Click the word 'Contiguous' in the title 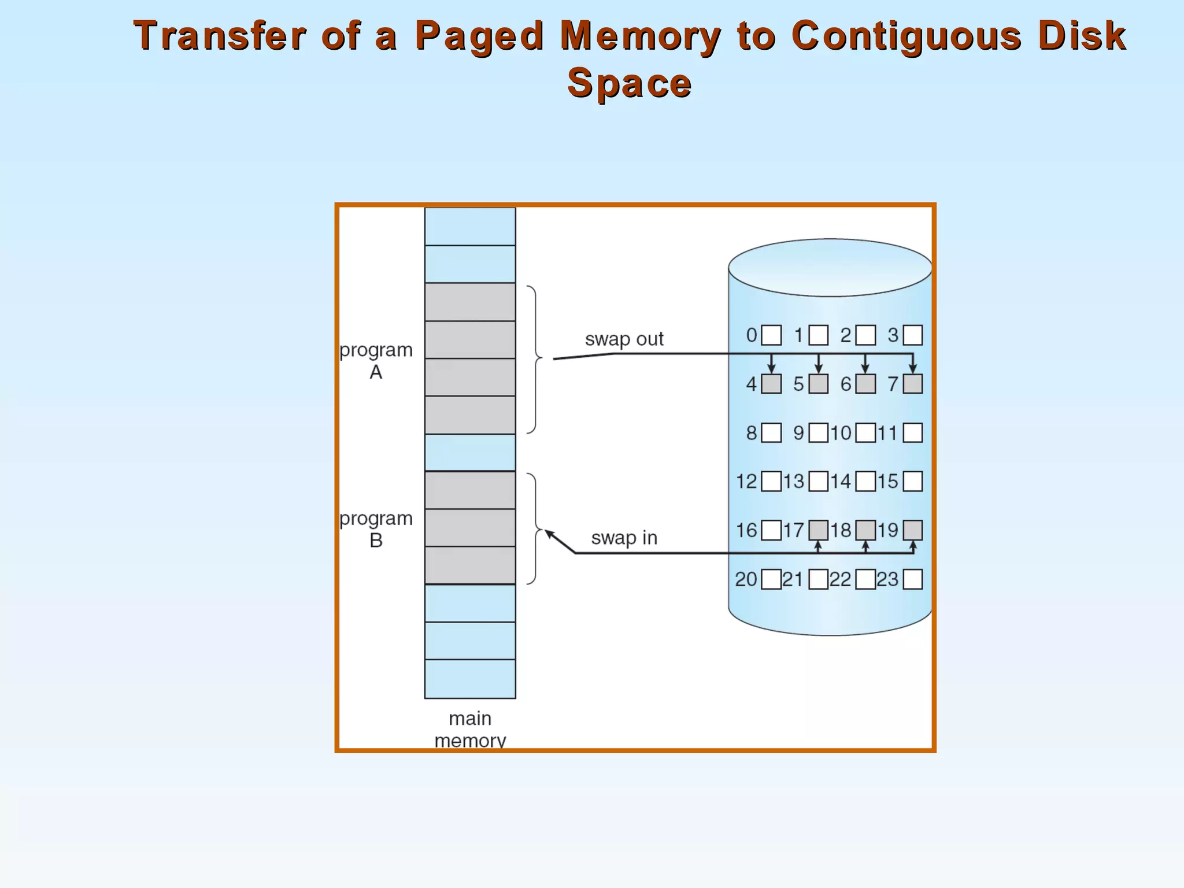click(906, 36)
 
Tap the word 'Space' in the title click(629, 83)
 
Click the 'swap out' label click(624, 339)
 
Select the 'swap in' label click(624, 538)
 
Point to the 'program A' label click(376, 361)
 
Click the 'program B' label click(376, 529)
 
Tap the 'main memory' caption click(470, 729)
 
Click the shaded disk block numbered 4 click(771, 384)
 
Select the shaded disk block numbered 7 click(912, 384)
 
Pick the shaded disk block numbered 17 click(818, 530)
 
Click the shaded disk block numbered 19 click(912, 530)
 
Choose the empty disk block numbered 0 click(771, 335)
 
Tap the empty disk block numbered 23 click(912, 579)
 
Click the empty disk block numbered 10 click(865, 433)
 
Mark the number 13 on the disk click(794, 482)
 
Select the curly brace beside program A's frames click(535, 359)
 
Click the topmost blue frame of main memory click(470, 227)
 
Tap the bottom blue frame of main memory click(470, 679)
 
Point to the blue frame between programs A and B click(470, 453)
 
